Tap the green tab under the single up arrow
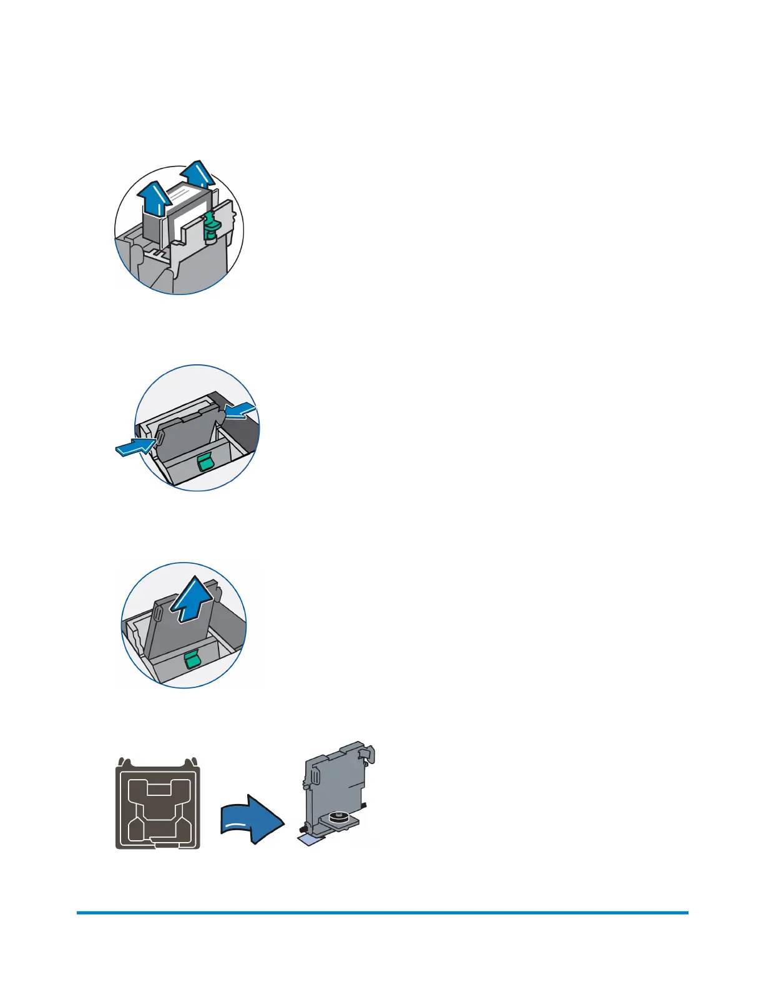192,658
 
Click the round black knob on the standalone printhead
338,816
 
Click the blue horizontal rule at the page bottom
382,913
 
